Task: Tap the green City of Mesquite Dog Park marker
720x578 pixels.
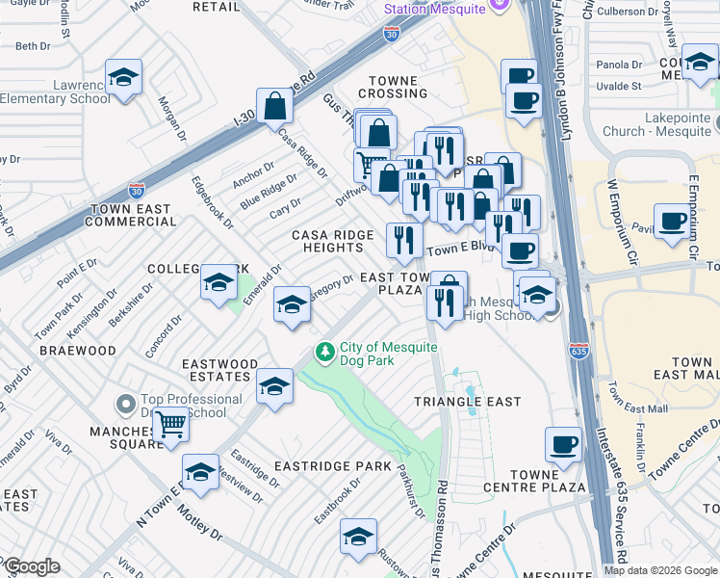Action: pos(326,354)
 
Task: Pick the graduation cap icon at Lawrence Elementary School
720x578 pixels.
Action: pos(123,76)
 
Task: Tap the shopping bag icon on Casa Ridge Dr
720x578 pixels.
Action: pos(274,106)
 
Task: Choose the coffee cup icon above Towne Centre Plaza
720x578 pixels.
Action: pos(563,444)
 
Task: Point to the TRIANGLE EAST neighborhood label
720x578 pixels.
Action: pos(467,401)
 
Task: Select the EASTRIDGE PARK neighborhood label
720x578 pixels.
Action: pos(332,466)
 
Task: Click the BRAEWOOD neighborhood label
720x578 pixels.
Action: pos(78,351)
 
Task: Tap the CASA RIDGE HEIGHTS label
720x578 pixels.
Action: pos(327,241)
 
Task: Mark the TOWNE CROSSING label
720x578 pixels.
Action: pos(393,87)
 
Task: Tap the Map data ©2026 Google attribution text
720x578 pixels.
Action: pos(660,570)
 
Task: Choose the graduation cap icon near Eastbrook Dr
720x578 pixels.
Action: pos(358,537)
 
